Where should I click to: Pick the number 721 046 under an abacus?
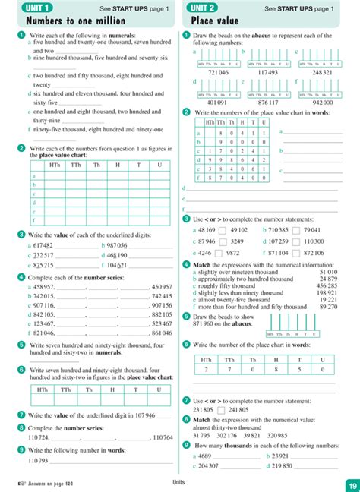[x=218, y=71]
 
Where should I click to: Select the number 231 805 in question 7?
[x=204, y=410]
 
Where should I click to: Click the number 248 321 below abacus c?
[x=322, y=71]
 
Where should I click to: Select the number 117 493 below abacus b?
[x=268, y=71]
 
